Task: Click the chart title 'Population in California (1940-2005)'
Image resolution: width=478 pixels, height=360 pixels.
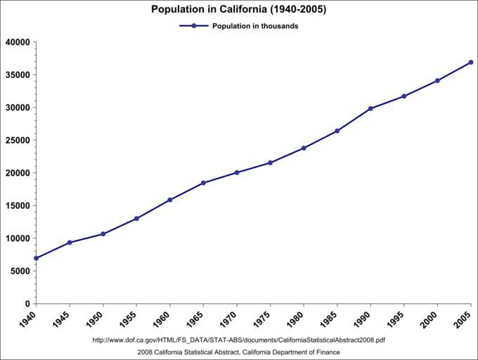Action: [239, 10]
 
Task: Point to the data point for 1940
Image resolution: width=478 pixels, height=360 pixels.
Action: [36, 258]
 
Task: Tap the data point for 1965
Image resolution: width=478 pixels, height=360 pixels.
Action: [203, 183]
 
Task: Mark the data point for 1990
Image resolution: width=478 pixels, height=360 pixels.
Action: [370, 108]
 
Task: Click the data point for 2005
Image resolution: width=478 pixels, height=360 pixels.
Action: [471, 63]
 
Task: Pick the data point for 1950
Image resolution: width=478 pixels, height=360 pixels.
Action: [103, 234]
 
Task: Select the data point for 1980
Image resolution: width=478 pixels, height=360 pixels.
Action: [304, 148]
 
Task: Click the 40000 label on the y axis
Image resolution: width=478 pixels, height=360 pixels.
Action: [17, 42]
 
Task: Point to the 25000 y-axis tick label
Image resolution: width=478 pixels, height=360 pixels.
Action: [17, 141]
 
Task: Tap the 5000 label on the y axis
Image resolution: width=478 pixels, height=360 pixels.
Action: [20, 271]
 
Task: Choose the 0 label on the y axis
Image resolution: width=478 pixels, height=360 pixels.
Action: [27, 304]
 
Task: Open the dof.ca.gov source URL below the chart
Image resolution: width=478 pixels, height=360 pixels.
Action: [239, 340]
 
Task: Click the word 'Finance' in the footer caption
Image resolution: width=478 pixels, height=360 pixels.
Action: [328, 352]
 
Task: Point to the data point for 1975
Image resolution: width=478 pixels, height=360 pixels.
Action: [270, 162]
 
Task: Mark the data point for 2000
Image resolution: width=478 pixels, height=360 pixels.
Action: [437, 81]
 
